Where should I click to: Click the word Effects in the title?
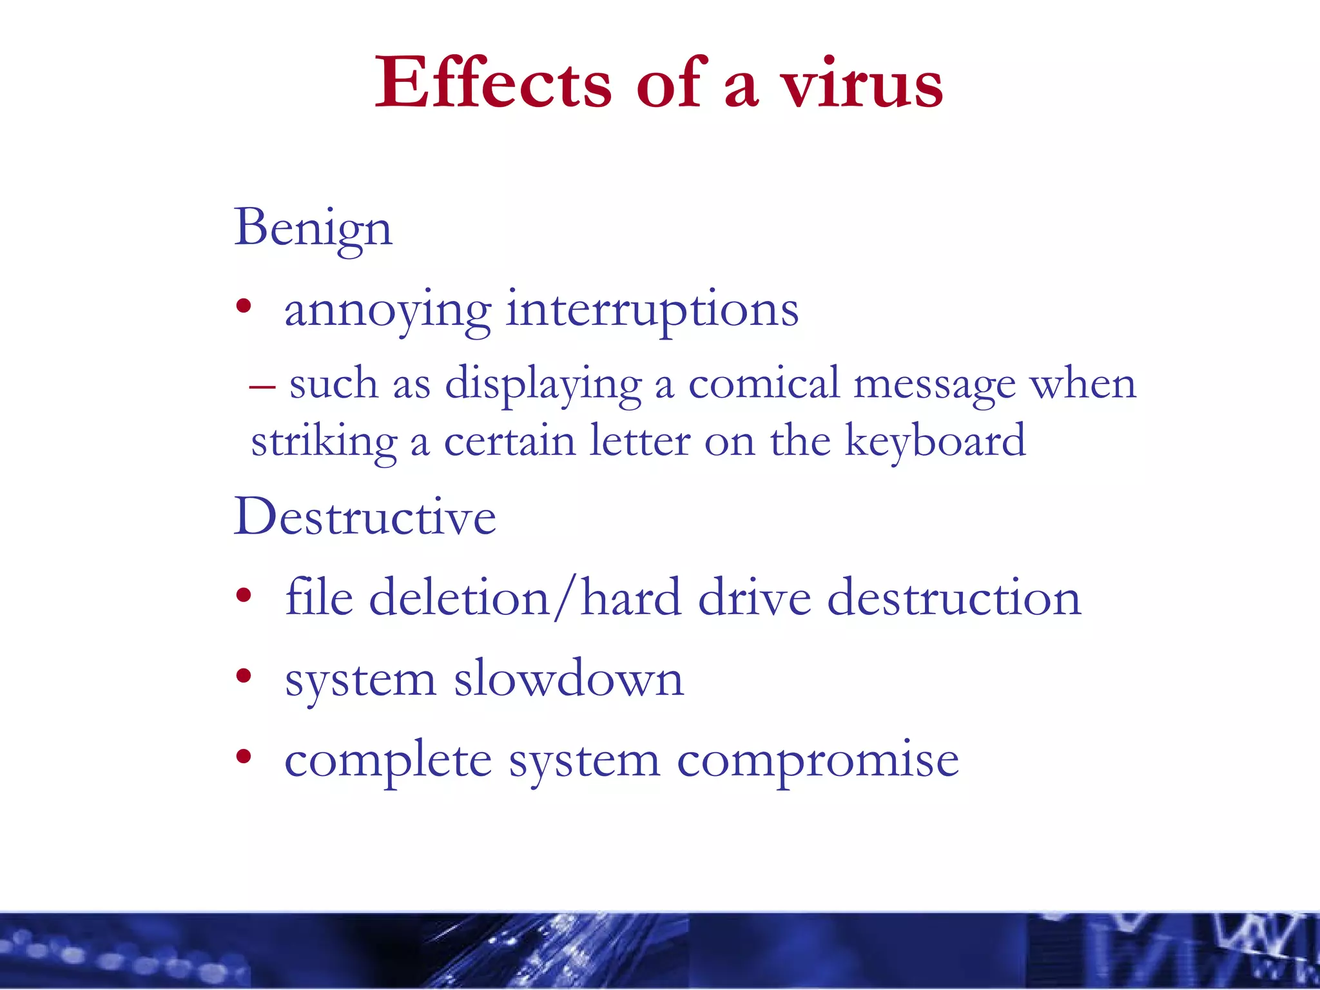tap(493, 84)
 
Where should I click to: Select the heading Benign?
tap(313, 228)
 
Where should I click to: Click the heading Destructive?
tap(365, 517)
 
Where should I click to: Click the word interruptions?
tap(652, 310)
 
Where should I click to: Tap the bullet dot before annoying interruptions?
tap(243, 307)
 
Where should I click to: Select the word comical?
tap(764, 384)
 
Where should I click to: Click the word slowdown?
tap(568, 679)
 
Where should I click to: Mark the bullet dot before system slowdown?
tap(243, 676)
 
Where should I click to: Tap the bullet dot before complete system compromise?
tap(243, 757)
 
